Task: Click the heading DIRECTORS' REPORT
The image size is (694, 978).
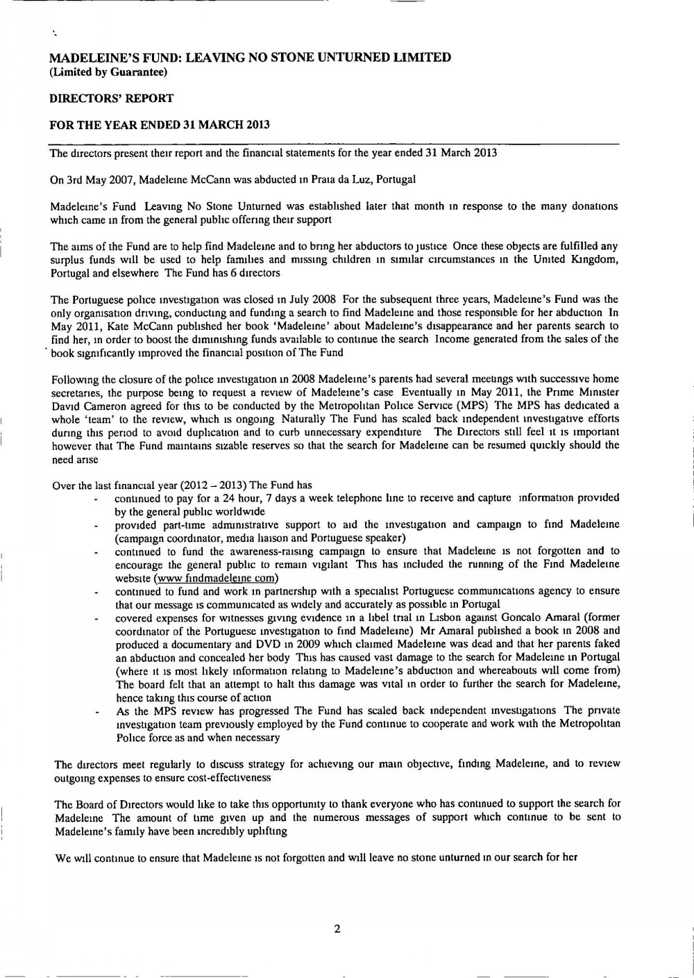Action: click(x=111, y=99)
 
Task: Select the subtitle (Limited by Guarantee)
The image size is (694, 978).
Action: click(x=108, y=72)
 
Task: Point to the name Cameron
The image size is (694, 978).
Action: click(x=99, y=406)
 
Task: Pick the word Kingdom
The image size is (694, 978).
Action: click(x=599, y=260)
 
